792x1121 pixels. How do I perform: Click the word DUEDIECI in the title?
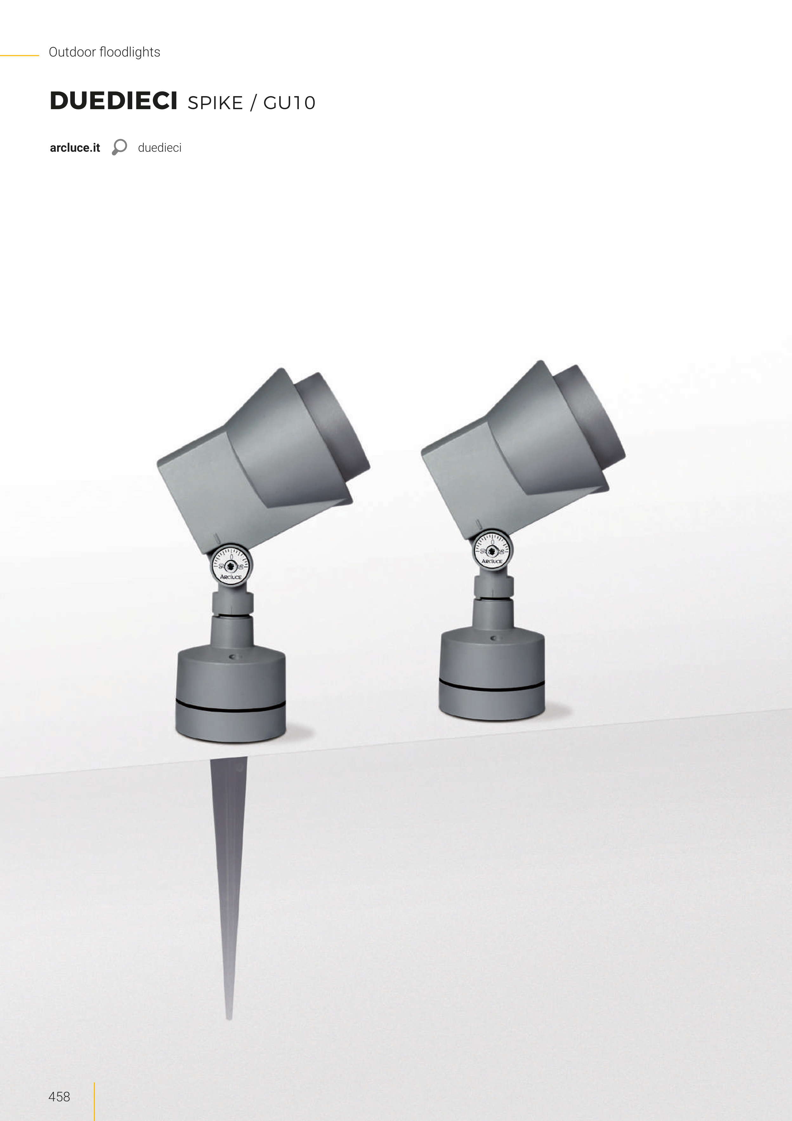113,101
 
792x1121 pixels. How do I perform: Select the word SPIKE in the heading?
215,103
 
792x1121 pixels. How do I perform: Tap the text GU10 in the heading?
289,103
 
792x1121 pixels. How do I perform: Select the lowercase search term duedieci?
160,148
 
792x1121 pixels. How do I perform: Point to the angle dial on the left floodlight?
231,565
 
